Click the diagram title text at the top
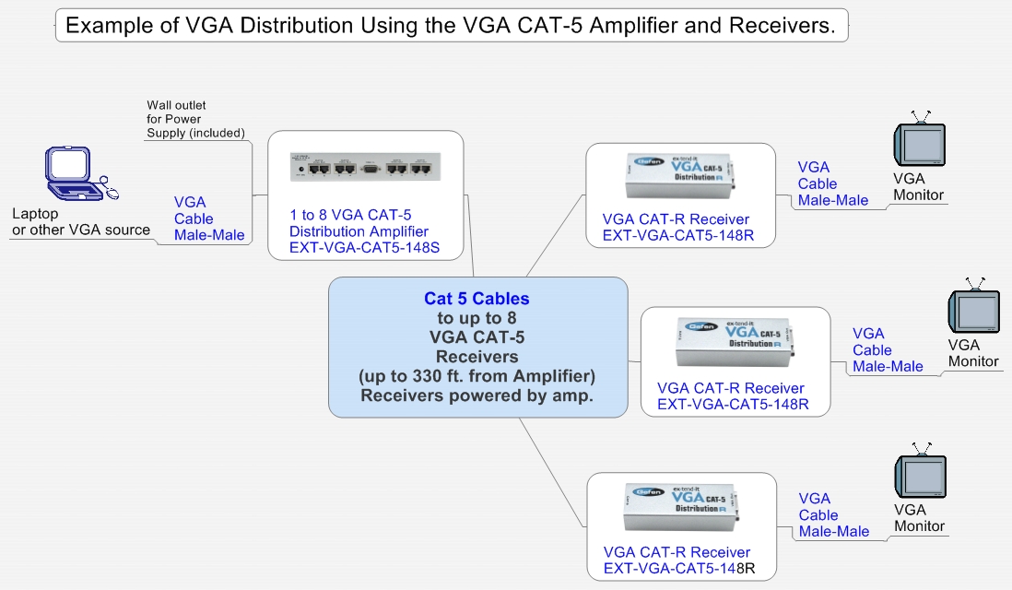(x=451, y=26)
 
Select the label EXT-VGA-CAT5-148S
(x=363, y=247)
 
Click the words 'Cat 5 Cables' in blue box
(x=477, y=299)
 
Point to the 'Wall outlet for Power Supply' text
(x=195, y=120)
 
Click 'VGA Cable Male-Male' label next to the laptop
(x=209, y=218)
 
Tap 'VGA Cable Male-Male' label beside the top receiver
(x=833, y=183)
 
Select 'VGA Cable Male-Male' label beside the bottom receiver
(x=833, y=515)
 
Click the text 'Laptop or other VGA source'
(x=80, y=221)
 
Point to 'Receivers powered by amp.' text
(x=477, y=395)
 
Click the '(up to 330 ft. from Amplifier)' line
(x=477, y=376)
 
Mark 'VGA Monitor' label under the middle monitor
(x=973, y=352)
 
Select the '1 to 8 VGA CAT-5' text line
(x=350, y=215)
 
